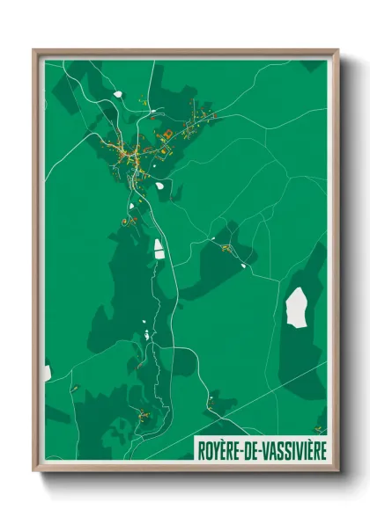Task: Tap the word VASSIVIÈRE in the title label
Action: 292,450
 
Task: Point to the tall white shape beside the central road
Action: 159,249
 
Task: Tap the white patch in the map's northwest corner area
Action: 117,93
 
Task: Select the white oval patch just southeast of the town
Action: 159,186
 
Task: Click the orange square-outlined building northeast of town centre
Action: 166,134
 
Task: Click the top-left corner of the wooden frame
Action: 34,50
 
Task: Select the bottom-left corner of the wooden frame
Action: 34,470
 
